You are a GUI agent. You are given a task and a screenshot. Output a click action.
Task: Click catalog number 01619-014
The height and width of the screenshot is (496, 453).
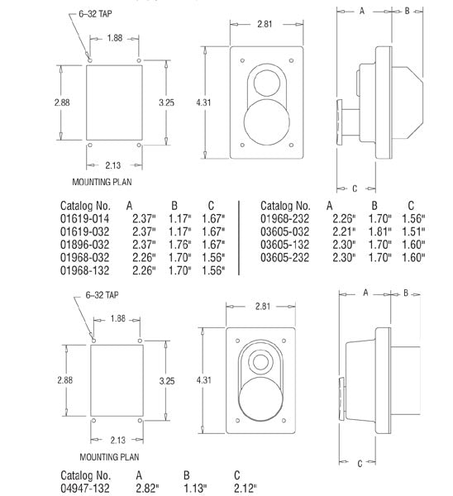[x=86, y=218]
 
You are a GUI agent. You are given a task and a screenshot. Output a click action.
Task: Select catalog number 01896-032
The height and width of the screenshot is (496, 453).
[x=86, y=245]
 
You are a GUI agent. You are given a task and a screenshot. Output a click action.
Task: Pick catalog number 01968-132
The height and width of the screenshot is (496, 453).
[x=86, y=271]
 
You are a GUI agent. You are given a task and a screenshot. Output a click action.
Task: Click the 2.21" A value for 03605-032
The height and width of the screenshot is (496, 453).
[x=343, y=231]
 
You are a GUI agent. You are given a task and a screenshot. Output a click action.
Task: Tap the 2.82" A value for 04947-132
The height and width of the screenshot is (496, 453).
[x=149, y=489]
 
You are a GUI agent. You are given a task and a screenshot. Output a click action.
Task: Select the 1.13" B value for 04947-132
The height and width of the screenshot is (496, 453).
[x=196, y=489]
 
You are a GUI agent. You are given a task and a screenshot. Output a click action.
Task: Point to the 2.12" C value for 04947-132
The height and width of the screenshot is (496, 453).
[x=245, y=489]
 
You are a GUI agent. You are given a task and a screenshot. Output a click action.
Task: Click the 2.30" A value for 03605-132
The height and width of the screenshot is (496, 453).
[x=343, y=245]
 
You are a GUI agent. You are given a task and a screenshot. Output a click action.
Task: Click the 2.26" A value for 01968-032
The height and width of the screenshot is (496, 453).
[x=141, y=258]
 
